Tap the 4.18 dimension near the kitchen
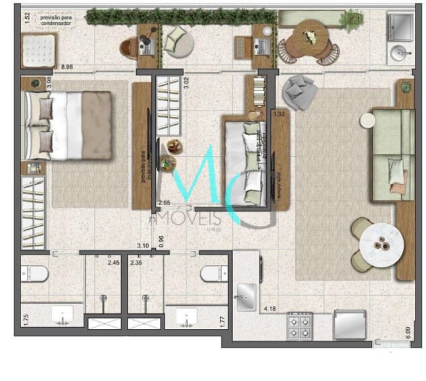click(x=271, y=309)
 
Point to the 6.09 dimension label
click(x=408, y=333)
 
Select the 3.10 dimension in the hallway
click(x=143, y=246)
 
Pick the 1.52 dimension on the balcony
click(x=27, y=18)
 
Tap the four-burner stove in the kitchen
click(x=299, y=326)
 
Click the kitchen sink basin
click(x=246, y=293)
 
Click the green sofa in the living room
click(x=393, y=155)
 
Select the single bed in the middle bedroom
click(x=246, y=160)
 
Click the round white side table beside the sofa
click(x=367, y=120)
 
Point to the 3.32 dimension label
click(x=280, y=114)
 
